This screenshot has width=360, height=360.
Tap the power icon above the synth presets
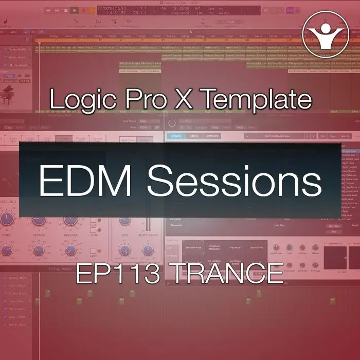pyautogui.click(x=172, y=123)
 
